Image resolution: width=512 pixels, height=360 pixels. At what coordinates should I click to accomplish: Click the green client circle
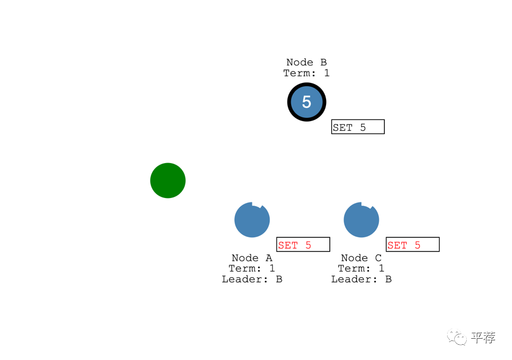168,181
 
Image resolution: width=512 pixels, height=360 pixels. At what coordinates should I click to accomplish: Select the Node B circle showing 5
306,101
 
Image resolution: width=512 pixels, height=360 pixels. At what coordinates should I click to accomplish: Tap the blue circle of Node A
252,220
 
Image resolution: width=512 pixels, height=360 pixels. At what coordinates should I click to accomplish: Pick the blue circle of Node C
361,220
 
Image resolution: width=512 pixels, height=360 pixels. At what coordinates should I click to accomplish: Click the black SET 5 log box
358,127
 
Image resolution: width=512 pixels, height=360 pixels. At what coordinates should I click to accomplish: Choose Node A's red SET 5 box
303,245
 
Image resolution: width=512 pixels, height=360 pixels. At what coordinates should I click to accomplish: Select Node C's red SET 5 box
412,245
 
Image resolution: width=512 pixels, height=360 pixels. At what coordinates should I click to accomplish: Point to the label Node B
306,62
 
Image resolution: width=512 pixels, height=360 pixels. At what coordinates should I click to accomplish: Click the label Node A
252,258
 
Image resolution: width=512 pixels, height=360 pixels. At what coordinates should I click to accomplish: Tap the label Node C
361,258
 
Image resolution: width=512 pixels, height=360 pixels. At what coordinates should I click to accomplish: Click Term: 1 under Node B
306,73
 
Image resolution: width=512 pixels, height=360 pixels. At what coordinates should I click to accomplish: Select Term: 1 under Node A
252,268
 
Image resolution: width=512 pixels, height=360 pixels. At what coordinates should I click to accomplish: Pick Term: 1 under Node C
361,268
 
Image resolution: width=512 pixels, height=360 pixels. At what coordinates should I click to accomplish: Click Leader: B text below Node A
252,279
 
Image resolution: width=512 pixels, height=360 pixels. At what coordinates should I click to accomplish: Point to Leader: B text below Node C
361,279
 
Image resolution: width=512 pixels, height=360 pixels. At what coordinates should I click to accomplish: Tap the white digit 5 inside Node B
306,101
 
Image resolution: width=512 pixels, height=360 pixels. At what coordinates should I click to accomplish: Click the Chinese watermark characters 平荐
483,338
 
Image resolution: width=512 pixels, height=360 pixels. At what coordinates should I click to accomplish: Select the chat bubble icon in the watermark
457,338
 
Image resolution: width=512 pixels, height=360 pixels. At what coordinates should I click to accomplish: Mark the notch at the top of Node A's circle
257,206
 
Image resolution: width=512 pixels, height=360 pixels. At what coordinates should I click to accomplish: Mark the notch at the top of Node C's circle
366,206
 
